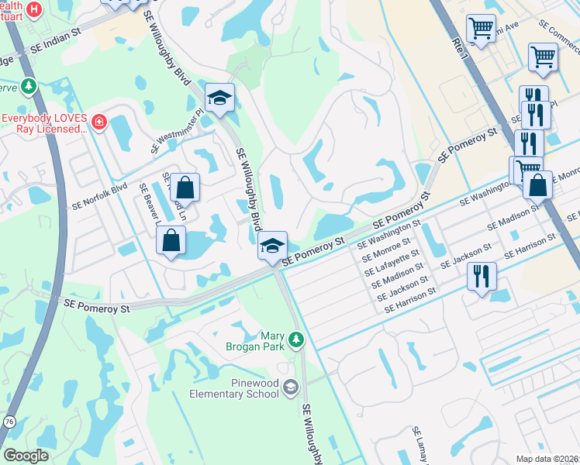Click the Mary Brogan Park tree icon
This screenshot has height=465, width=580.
(x=295, y=339)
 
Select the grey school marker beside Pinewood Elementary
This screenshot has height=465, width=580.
(x=290, y=387)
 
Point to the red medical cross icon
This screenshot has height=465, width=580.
(x=98, y=122)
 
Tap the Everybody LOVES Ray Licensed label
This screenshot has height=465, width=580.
(x=44, y=124)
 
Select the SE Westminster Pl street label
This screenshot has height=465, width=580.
(x=178, y=130)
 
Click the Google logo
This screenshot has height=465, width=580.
(x=26, y=455)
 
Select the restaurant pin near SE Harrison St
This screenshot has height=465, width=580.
(x=482, y=277)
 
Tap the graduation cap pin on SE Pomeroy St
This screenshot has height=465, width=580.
(x=272, y=246)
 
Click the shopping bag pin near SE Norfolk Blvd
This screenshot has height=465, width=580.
(x=185, y=187)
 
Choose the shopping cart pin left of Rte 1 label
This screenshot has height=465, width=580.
(x=482, y=29)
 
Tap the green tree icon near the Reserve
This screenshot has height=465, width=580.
(x=29, y=85)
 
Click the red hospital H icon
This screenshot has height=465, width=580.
(x=33, y=9)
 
